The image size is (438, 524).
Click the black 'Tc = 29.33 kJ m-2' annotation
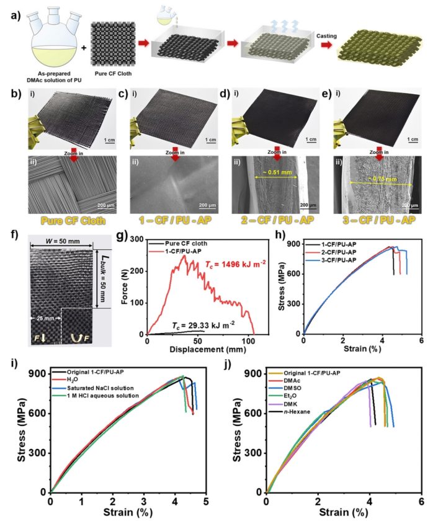pyautogui.click(x=204, y=324)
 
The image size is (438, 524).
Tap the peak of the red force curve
pyautogui.click(x=184, y=255)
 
